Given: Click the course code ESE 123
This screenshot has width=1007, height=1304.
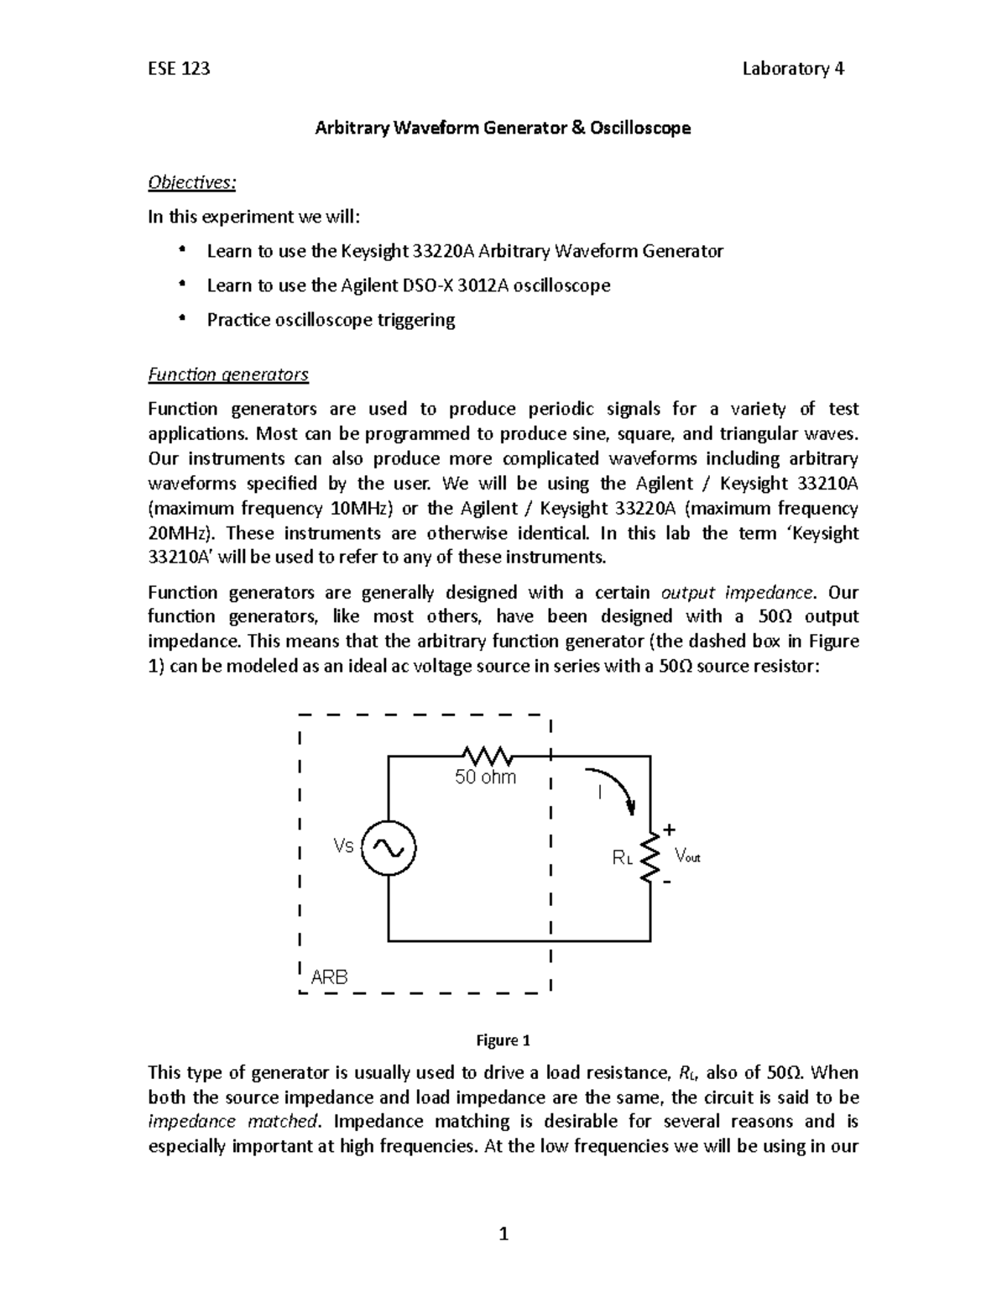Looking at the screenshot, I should [x=179, y=69].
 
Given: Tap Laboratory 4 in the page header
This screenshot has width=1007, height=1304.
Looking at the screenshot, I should [x=793, y=69].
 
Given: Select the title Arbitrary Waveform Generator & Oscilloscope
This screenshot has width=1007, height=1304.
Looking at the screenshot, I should [x=503, y=128].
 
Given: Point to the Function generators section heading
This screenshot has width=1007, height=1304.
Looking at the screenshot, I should [x=228, y=374].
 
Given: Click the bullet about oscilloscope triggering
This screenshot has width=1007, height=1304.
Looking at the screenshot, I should [x=331, y=320].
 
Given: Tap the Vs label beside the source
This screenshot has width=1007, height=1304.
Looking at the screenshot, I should [x=344, y=846].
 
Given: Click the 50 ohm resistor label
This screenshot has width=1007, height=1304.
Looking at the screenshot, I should [x=485, y=778].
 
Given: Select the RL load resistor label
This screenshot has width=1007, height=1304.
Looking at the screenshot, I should [x=622, y=858].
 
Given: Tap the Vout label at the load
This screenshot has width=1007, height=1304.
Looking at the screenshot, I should [x=686, y=856].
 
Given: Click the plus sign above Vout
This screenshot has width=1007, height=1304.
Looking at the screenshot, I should [x=669, y=830].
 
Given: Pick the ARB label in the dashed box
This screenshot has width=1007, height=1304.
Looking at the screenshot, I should [x=329, y=977].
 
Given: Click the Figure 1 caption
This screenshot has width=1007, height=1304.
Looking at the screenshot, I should [x=503, y=1041].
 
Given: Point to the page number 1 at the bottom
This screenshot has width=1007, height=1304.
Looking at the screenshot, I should [x=503, y=1233].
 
